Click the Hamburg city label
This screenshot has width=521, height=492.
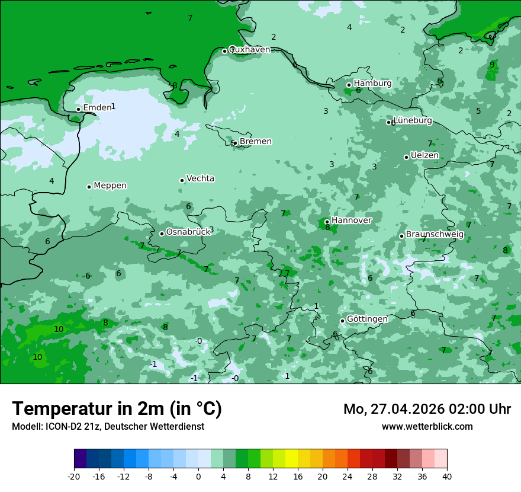372,84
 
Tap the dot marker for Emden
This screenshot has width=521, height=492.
78,109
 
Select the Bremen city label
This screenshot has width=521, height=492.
255,142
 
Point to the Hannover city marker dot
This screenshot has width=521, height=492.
327,222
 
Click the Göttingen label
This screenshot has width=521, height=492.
367,320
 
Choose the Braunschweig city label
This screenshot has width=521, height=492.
435,235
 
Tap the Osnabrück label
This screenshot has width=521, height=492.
188,232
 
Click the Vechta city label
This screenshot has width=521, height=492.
200,178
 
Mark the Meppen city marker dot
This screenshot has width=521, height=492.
89,187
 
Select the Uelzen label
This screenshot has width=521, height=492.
424,156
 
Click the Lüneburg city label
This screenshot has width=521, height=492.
413,121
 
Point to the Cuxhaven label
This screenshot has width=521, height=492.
249,50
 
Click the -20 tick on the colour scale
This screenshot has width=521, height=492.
74,476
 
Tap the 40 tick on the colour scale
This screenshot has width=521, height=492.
446,476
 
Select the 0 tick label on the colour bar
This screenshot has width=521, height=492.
198,476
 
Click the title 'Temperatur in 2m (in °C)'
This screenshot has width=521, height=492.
117,409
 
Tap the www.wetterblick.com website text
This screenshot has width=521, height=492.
427,426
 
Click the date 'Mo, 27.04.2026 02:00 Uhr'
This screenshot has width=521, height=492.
427,409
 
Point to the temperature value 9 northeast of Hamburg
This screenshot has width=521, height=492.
492,65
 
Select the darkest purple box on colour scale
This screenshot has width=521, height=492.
80,459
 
